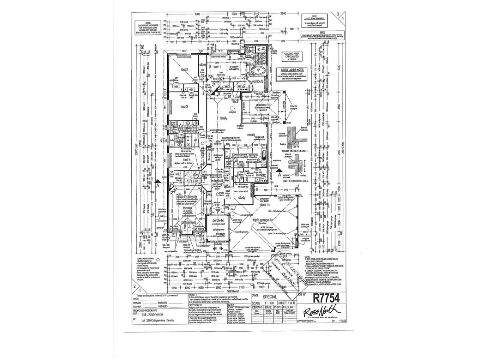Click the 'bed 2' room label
coord(184,70)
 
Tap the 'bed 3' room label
coord(184,106)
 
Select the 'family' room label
coord(223,118)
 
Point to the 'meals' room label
coord(251,135)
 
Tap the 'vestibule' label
coord(258,81)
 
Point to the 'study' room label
coord(241,197)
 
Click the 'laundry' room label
coord(261,174)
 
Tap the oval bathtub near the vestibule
coord(258,71)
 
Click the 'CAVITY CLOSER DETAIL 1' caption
coord(295,151)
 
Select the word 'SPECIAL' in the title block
coord(270,297)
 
